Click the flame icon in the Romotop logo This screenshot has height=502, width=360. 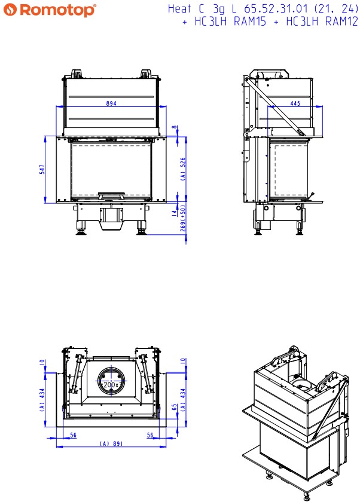pos(10,10)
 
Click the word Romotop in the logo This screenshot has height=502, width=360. pos(57,10)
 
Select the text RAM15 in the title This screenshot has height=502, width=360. pos(250,22)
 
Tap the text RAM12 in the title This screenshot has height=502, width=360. pos(341,22)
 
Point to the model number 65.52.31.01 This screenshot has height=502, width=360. pos(276,8)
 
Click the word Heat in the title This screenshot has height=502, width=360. pos(179,8)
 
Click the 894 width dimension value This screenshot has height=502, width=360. pos(111,103)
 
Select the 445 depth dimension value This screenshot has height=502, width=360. pos(295,103)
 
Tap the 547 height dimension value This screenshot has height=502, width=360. pos(42,169)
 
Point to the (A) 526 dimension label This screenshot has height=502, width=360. pos(182,169)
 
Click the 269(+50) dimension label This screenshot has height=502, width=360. pos(182,218)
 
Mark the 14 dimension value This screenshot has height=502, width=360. pos(174,213)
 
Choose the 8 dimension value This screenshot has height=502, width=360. pos(174,127)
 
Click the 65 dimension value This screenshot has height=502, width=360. pos(174,407)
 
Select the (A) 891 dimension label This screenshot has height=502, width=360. pos(111,443)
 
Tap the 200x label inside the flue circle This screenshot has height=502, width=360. pos(111,384)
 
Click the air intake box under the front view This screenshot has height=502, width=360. pos(111,218)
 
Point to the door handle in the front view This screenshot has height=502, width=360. pos(111,195)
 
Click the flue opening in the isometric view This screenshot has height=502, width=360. pos(301,384)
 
